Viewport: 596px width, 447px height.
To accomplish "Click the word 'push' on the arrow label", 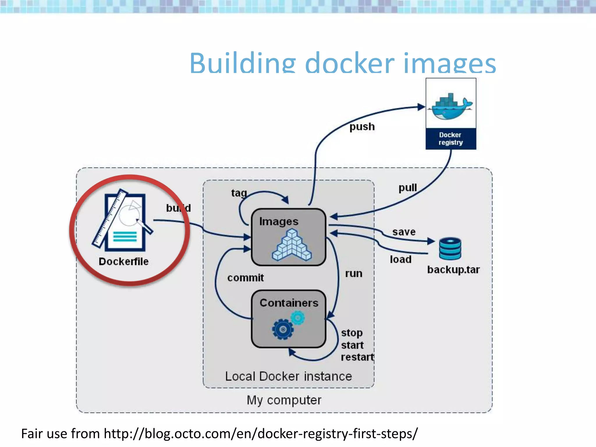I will point(362,127).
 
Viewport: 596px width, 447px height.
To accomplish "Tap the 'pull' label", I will point(407,188).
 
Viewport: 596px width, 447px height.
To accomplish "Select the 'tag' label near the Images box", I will point(239,193).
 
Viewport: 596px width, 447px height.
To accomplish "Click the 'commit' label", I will point(245,278).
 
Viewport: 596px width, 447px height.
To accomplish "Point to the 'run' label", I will point(354,274).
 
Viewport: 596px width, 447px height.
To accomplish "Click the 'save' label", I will point(404,232).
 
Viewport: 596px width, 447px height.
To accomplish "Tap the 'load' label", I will point(400,259).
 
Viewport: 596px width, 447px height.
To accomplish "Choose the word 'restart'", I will point(357,357).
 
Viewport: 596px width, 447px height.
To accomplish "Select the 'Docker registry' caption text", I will point(450,139).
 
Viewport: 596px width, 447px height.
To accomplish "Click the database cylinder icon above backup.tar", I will point(450,249).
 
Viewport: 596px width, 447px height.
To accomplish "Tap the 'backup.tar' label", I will point(453,270).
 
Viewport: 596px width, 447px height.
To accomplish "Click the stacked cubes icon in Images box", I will point(292,245).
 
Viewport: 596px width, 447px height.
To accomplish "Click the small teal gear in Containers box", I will point(298,317).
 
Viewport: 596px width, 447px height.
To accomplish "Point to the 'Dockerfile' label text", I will point(123,262).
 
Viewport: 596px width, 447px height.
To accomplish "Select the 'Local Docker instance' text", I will point(288,377).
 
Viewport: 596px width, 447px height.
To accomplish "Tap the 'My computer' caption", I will point(284,400).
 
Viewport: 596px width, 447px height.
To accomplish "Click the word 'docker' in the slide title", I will point(350,64).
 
